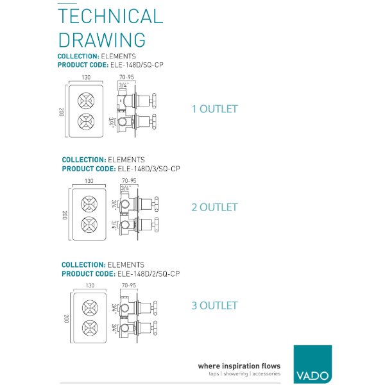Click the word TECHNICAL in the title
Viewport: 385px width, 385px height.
click(110, 16)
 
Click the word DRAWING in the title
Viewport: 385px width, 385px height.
click(102, 40)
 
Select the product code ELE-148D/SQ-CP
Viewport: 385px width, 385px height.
click(137, 65)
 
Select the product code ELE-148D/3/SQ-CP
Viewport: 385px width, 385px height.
click(149, 169)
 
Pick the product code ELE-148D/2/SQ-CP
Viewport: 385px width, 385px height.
click(149, 274)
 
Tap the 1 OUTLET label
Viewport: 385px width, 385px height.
click(214, 109)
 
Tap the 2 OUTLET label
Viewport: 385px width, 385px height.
click(214, 207)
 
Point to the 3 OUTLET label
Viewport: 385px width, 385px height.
click(214, 305)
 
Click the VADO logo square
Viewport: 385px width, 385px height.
click(312, 364)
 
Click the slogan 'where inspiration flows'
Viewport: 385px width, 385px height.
click(239, 366)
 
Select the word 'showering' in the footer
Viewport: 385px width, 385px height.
click(235, 373)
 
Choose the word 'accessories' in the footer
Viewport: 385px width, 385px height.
click(266, 373)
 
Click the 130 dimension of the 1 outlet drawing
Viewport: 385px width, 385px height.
click(86, 78)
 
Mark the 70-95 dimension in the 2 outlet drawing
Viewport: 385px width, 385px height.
click(129, 181)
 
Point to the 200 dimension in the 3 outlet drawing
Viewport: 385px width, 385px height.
click(66, 319)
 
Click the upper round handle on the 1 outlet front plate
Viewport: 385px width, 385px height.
click(86, 101)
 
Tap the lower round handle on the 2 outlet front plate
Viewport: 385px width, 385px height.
click(89, 225)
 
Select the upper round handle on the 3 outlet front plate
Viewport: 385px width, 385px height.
click(90, 308)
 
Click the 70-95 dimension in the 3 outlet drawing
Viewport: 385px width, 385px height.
click(129, 286)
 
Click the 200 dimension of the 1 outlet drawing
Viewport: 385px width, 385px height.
click(62, 112)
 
